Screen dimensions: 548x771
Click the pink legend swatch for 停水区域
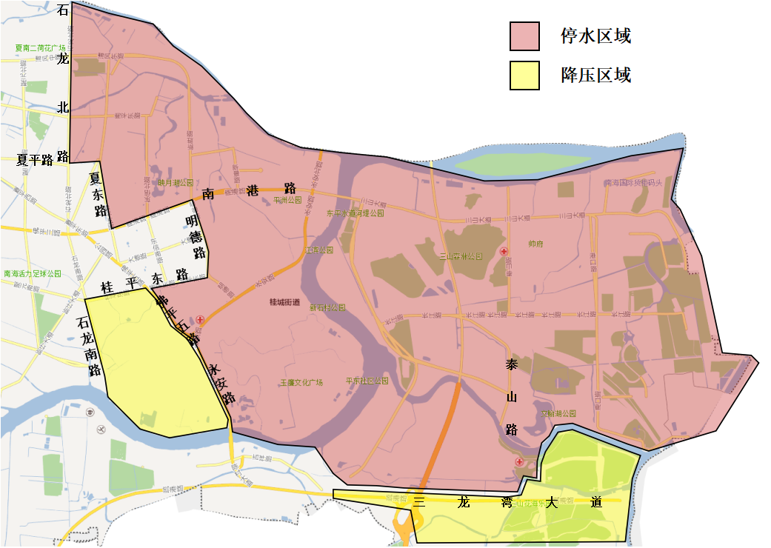click(x=524, y=36)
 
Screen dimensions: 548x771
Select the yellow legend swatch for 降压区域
click(x=524, y=76)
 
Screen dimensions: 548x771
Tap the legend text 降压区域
click(x=595, y=75)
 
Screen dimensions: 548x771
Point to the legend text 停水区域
click(x=595, y=36)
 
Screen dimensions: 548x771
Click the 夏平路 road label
click(x=35, y=160)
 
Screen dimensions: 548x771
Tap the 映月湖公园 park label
click(x=176, y=182)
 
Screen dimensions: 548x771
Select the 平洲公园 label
click(x=288, y=200)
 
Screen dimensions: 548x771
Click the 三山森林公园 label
click(x=461, y=256)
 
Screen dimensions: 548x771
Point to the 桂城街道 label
click(x=285, y=302)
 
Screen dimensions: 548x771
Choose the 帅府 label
click(x=535, y=244)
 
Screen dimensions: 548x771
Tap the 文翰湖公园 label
click(x=559, y=412)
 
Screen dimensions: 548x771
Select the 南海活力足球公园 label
click(x=33, y=273)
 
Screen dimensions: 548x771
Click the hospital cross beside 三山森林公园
click(x=504, y=252)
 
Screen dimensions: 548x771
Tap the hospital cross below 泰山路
click(x=520, y=462)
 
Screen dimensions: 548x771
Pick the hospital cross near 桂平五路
click(x=200, y=319)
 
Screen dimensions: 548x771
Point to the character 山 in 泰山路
click(x=511, y=398)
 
